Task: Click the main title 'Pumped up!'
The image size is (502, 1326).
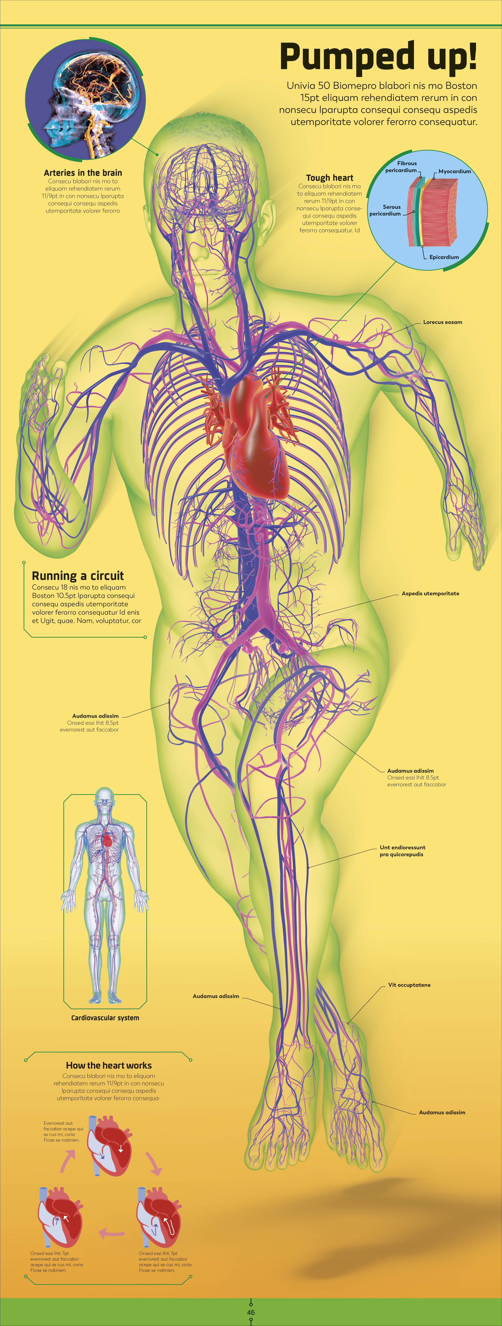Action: click(379, 57)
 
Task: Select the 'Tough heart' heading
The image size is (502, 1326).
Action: click(330, 178)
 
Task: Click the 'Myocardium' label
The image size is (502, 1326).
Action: click(455, 171)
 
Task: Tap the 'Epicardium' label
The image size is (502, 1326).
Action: click(444, 257)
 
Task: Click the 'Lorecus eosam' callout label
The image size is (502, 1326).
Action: click(442, 322)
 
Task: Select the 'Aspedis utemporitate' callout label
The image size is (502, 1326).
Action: click(430, 594)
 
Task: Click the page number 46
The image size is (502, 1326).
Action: click(251, 1312)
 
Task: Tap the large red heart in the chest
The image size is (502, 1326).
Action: click(257, 438)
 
